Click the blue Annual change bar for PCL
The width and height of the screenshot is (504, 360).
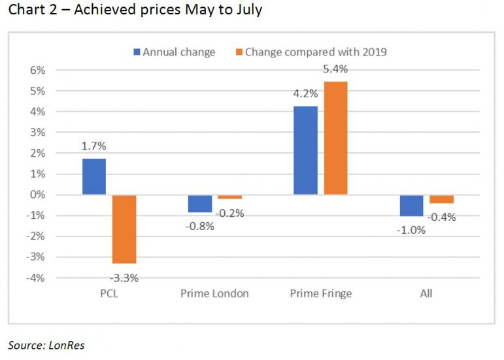tap(94, 176)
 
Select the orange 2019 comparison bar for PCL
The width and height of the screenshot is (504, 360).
tap(124, 229)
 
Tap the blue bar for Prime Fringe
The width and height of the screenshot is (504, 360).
tap(305, 150)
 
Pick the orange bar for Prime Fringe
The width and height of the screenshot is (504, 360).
tap(335, 138)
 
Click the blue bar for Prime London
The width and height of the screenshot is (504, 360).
tap(200, 203)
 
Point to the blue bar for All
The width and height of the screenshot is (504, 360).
tap(411, 205)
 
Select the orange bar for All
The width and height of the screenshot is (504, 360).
tap(441, 199)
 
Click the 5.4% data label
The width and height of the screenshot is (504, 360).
tap(335, 69)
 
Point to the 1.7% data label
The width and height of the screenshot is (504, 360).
tap(93, 146)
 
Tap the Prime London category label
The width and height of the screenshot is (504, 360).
tap(214, 293)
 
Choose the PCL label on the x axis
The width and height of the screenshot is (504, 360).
tap(109, 293)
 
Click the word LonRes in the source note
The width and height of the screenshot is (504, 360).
tap(67, 345)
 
